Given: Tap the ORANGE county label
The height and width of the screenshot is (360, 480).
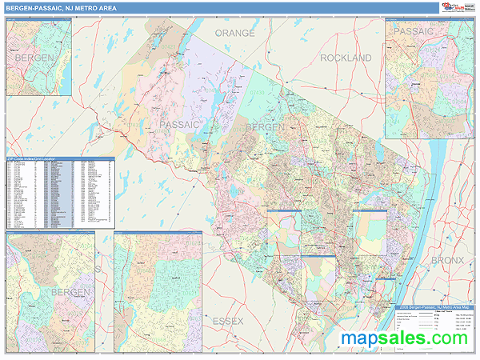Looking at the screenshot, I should coord(234,34).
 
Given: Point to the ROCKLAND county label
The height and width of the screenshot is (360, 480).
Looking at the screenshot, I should coord(346,58).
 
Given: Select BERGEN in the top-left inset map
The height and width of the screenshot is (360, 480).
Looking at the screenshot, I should coord(34,58).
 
